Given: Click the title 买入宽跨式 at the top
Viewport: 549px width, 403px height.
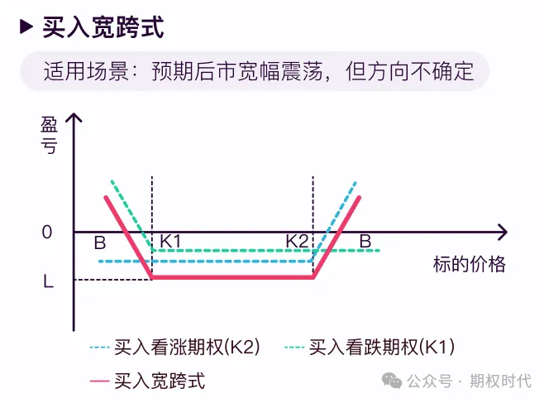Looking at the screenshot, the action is (x=103, y=27).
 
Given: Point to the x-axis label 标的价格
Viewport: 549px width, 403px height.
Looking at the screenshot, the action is (x=469, y=265).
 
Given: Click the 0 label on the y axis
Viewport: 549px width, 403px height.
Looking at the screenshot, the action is (x=47, y=233).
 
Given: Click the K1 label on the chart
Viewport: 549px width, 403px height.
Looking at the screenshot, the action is (x=171, y=241).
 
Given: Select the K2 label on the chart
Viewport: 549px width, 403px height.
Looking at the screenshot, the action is (x=297, y=241).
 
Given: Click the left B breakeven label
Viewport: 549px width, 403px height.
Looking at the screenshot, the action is (x=99, y=242).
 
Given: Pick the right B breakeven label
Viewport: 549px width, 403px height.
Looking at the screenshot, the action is (x=365, y=241).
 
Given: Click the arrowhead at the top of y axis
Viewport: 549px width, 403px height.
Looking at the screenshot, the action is (x=74, y=121).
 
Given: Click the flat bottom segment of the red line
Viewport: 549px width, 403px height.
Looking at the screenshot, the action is (x=232, y=277).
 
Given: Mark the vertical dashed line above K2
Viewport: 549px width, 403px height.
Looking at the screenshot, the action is (x=313, y=203).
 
